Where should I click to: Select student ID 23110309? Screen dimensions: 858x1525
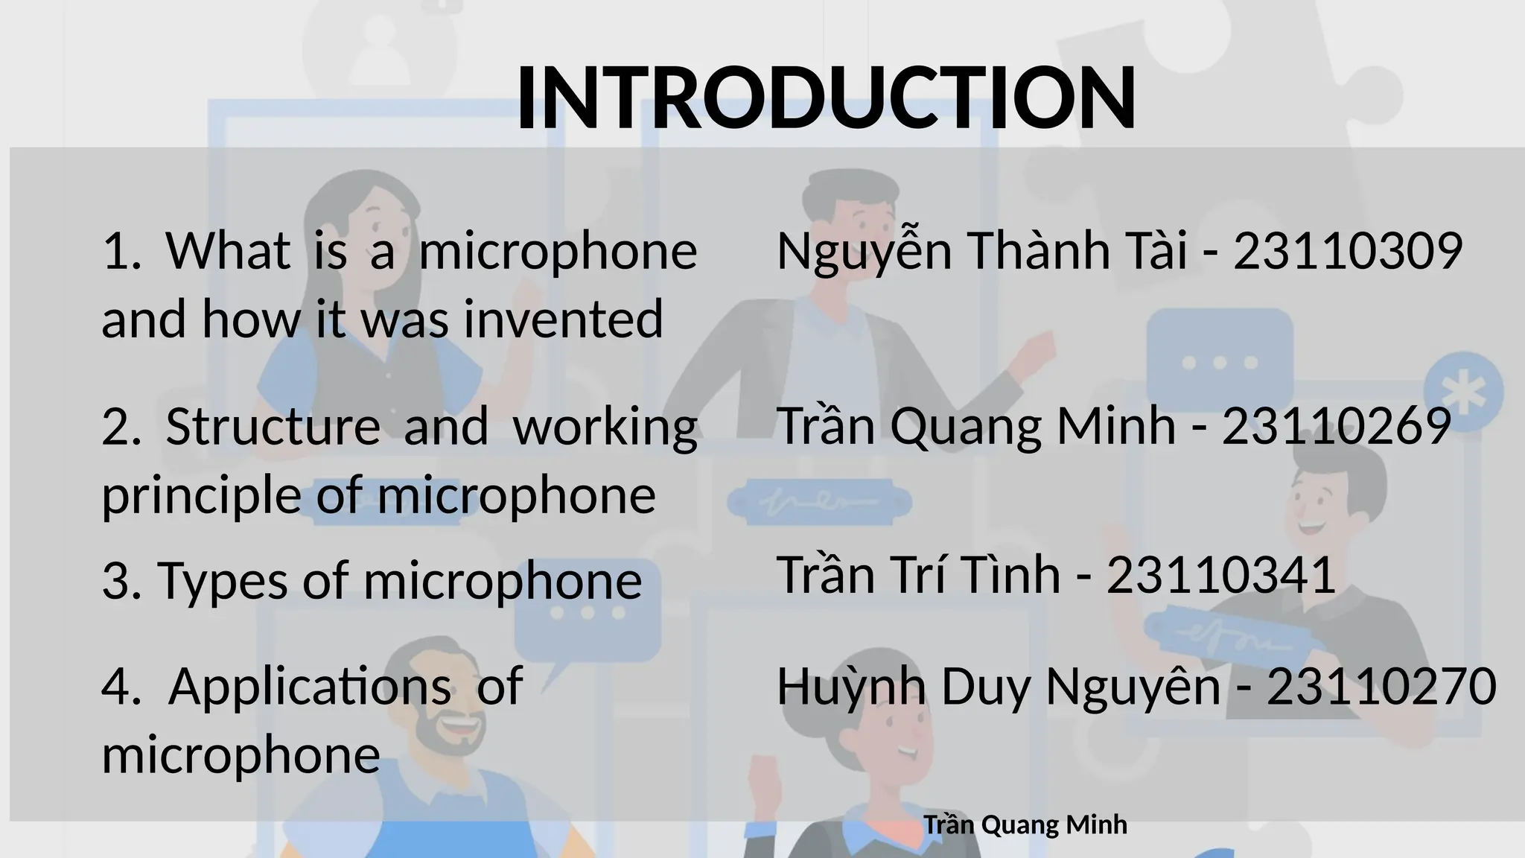coord(1348,251)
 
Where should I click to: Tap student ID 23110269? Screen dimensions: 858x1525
coord(1336,427)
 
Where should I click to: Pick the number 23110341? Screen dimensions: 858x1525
coord(1221,575)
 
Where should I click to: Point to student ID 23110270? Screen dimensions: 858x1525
coord(1381,686)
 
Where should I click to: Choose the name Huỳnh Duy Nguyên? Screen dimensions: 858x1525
coord(998,686)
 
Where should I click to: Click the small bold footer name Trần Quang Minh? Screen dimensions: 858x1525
coord(1025,825)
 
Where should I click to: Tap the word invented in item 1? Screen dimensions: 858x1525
coord(563,319)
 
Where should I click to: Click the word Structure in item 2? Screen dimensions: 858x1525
coord(273,427)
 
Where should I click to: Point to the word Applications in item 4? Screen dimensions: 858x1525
coord(309,686)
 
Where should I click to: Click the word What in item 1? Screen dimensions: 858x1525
coord(228,251)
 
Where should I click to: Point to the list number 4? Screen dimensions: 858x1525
coord(117,686)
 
